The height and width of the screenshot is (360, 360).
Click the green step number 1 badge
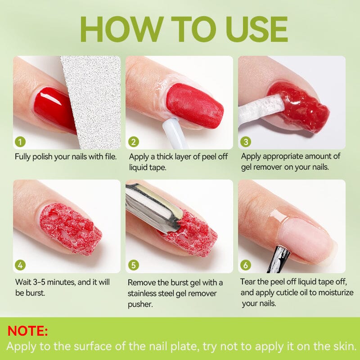pos(20,142)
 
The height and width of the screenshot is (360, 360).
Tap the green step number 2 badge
pos(134,142)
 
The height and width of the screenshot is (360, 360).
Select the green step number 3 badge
pos(246,142)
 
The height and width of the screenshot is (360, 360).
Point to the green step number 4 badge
pos(20,265)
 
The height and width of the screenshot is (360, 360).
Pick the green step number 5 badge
pos(134,265)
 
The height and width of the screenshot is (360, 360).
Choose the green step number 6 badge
pos(246,265)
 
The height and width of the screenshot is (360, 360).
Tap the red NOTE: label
pos(27,331)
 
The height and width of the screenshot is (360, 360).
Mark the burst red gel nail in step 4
pos(67,227)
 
